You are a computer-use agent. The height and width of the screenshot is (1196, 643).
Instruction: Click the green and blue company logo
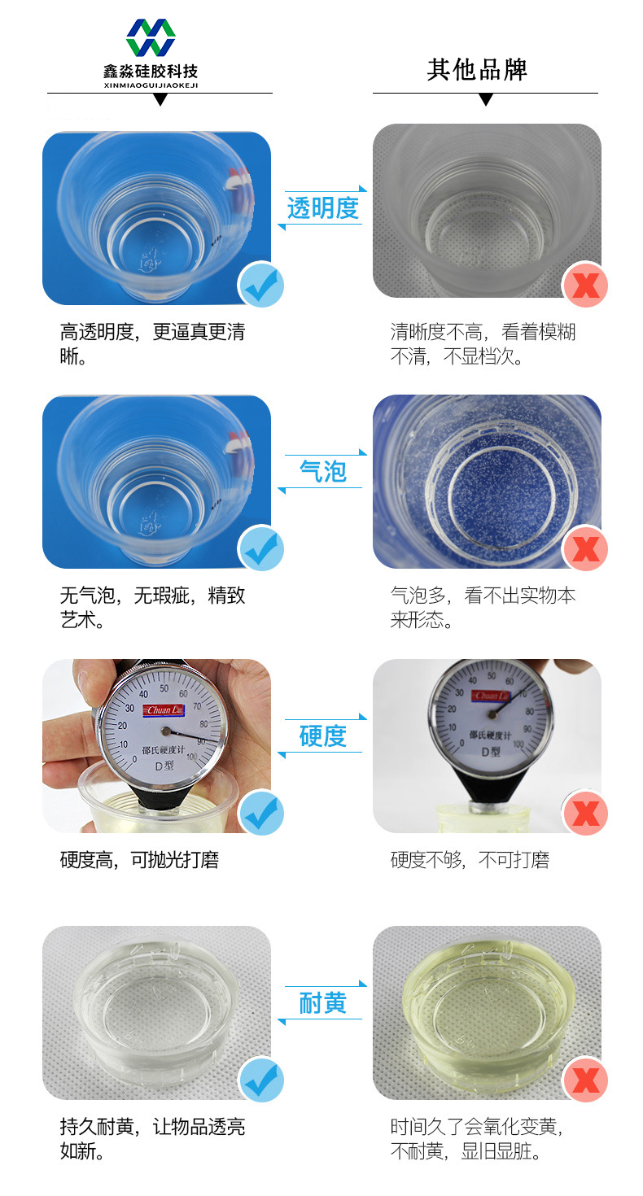click(151, 37)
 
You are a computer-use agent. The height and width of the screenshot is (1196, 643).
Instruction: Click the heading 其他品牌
click(477, 70)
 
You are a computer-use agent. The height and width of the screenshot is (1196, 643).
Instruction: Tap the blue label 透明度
click(323, 208)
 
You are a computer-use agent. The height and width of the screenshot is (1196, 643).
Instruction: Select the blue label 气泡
click(323, 472)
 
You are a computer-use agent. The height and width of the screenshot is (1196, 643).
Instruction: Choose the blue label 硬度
click(323, 736)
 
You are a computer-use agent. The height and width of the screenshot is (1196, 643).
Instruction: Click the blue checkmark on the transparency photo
click(261, 284)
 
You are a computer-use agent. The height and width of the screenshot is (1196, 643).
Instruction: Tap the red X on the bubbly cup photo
click(585, 548)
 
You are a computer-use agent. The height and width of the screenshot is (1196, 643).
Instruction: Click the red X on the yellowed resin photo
click(585, 1080)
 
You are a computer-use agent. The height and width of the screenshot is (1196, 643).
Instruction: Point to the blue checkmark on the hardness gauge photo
click(261, 813)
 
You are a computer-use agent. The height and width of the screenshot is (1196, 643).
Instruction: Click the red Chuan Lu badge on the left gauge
click(165, 710)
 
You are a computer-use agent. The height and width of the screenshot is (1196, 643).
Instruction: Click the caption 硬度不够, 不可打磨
click(470, 860)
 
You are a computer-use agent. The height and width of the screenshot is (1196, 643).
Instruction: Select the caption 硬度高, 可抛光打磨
click(139, 860)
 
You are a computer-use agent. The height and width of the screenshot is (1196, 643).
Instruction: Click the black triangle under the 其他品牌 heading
click(486, 100)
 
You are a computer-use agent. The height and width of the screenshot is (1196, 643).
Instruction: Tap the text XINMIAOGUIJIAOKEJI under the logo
click(151, 85)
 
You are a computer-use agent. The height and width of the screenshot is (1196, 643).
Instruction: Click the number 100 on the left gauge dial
click(192, 757)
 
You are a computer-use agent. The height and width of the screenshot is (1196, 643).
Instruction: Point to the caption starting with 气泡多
click(483, 607)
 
